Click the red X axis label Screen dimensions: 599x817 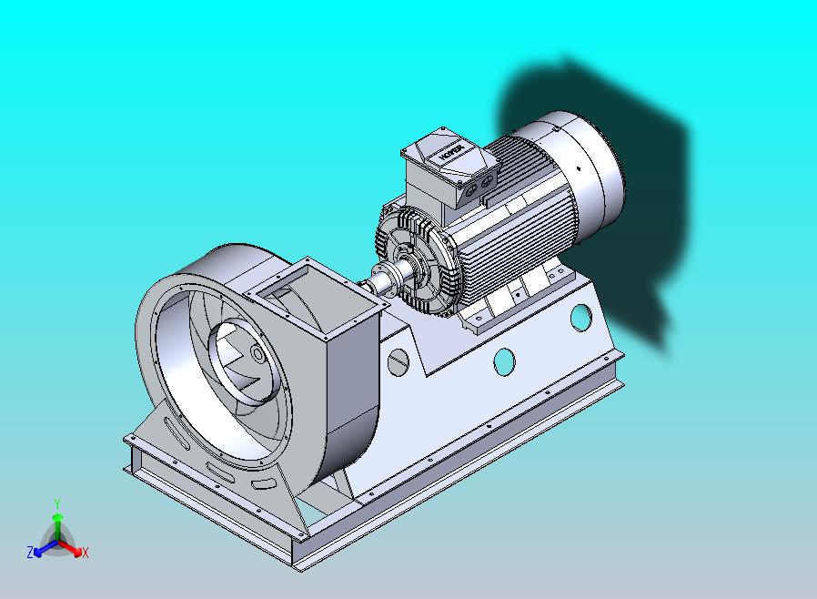pyautogui.click(x=85, y=553)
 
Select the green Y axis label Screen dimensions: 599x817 pyautogui.click(x=56, y=503)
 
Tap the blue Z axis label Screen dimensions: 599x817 pyautogui.click(x=29, y=552)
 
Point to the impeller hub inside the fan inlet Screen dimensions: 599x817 pyautogui.click(x=257, y=353)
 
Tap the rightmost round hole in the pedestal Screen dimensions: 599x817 pyautogui.click(x=580, y=318)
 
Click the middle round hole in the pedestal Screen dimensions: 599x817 pyautogui.click(x=504, y=360)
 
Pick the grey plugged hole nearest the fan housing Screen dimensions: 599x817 pyautogui.click(x=396, y=362)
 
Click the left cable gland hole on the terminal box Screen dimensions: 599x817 pyautogui.click(x=469, y=194)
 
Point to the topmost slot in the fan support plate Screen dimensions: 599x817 pyautogui.click(x=174, y=428)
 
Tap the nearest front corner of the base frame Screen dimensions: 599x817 pyautogui.click(x=297, y=561)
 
